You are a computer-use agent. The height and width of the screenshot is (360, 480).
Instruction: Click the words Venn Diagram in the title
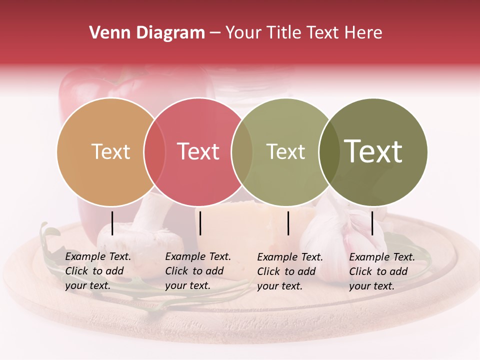[x=147, y=33]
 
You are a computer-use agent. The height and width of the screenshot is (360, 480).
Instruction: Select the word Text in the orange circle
[x=110, y=151]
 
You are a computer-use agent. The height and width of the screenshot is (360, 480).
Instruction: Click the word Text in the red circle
[x=198, y=151]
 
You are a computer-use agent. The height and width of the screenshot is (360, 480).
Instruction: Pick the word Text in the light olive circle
[x=285, y=151]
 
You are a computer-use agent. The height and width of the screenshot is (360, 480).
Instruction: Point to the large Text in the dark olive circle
[x=373, y=151]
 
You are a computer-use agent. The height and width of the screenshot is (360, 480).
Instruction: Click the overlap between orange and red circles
[x=154, y=152]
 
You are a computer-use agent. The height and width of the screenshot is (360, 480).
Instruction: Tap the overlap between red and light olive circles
[x=242, y=152]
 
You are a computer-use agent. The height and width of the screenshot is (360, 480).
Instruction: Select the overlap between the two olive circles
[x=329, y=152]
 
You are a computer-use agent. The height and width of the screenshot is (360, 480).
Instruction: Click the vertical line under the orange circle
[x=112, y=223]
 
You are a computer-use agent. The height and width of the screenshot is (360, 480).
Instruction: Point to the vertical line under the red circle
[x=200, y=223]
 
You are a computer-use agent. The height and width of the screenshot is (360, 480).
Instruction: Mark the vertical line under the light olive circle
[x=288, y=223]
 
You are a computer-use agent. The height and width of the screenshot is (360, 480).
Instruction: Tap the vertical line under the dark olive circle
[x=372, y=223]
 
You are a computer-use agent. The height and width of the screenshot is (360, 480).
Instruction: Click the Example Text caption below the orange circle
[x=98, y=271]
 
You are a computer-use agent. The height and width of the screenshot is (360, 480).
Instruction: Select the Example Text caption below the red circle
[x=198, y=271]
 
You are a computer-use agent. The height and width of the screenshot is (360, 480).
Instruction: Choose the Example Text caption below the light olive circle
[x=290, y=271]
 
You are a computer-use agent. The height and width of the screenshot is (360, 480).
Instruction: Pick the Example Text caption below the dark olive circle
[x=382, y=271]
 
